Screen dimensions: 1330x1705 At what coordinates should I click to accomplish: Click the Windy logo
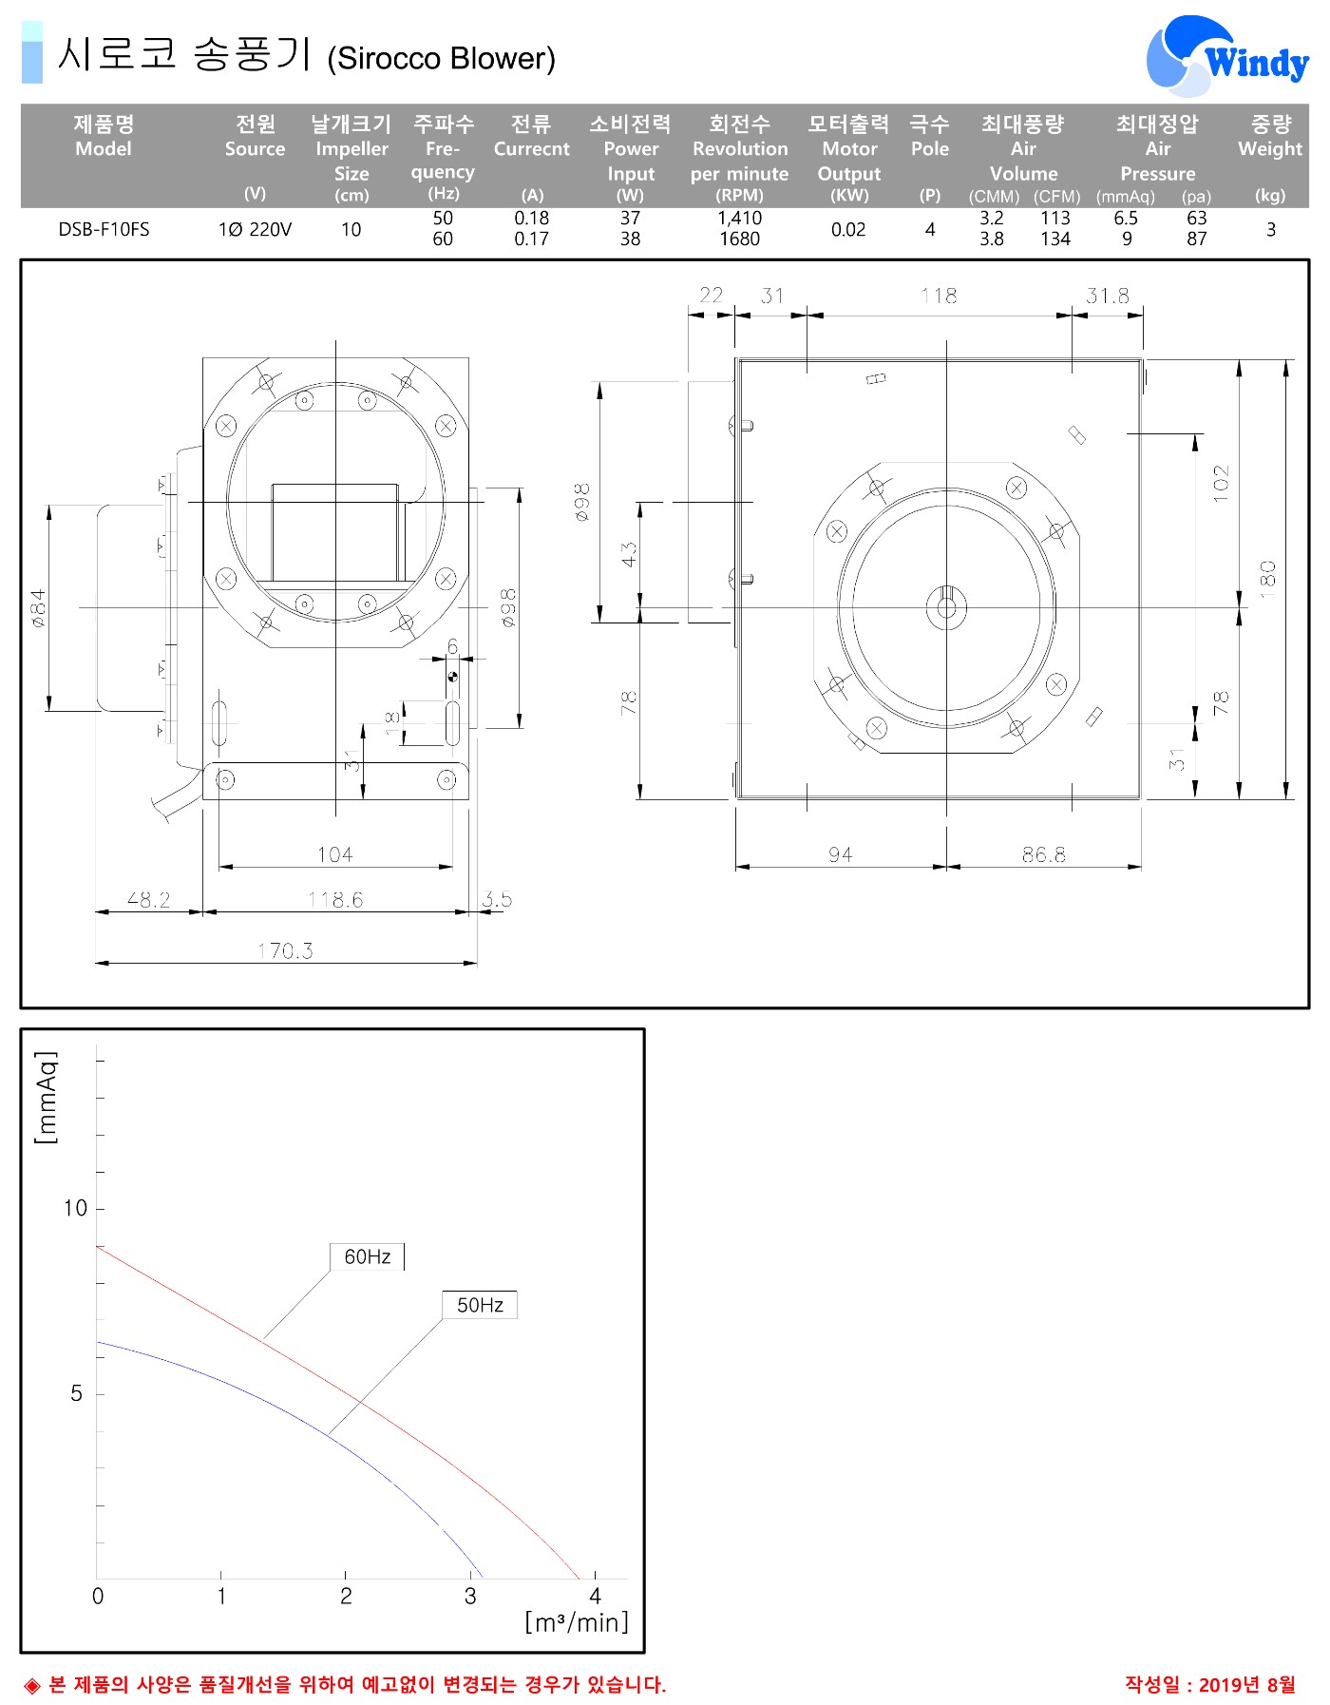(1227, 56)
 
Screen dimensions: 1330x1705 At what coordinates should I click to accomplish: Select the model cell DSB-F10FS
(104, 230)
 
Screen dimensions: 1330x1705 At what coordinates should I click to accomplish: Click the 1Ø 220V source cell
(255, 230)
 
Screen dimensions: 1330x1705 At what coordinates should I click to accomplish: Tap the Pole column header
(929, 149)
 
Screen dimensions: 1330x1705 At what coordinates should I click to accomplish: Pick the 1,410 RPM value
(739, 219)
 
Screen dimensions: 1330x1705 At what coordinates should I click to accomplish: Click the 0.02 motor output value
(848, 230)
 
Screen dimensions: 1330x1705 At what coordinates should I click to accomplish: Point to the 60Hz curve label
(368, 1256)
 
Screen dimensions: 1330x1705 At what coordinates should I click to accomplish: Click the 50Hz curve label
(480, 1305)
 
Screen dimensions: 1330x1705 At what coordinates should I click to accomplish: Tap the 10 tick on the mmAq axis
(75, 1208)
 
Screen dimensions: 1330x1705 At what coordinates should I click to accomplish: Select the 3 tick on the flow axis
(470, 1596)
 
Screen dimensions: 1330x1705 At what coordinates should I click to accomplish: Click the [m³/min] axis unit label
(577, 1622)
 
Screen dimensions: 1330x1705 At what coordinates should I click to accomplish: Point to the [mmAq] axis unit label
(46, 1097)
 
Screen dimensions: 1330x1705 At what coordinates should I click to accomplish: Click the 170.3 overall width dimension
(285, 950)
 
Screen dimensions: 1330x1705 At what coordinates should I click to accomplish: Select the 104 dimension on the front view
(335, 854)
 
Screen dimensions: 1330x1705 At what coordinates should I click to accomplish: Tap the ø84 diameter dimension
(38, 608)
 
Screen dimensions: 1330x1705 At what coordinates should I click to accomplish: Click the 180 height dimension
(1267, 580)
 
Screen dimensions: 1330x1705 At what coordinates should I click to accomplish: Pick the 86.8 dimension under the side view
(1044, 854)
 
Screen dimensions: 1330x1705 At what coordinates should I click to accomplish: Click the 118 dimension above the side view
(939, 296)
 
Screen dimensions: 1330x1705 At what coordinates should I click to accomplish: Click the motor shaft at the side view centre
(946, 604)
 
